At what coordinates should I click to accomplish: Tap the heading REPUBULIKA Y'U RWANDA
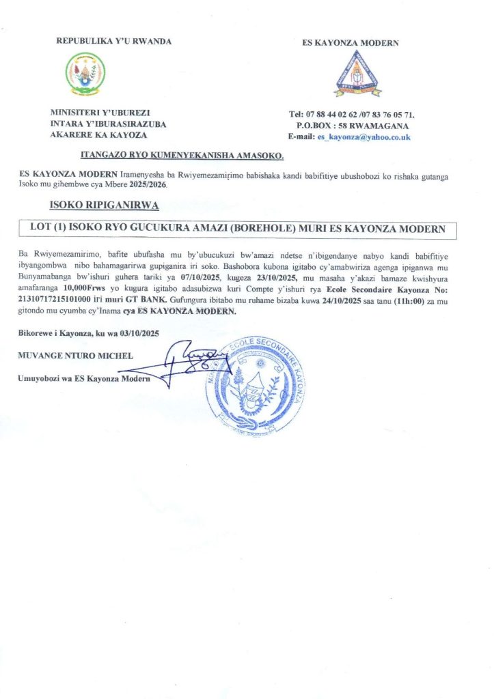pos(114,41)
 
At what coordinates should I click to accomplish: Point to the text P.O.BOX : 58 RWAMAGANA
pos(353,126)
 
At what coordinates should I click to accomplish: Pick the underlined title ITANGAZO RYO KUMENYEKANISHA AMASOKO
pos(182,156)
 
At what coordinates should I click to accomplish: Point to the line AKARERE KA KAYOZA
pos(94,134)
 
